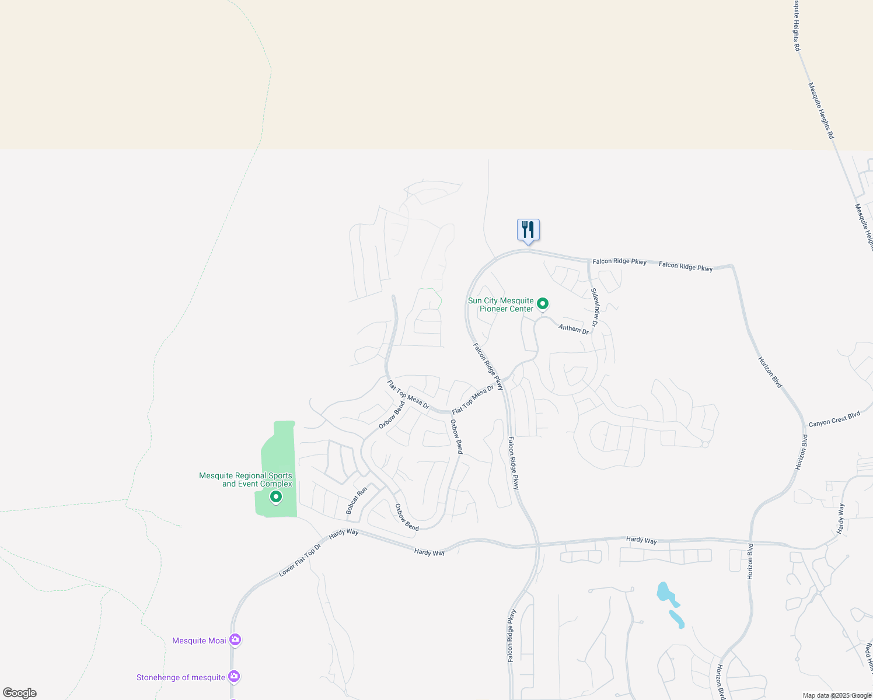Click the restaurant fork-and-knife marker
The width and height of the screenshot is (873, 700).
tap(528, 230)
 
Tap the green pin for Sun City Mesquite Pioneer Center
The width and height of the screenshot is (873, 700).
tap(543, 303)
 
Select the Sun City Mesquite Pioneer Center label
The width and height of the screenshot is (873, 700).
tap(501, 304)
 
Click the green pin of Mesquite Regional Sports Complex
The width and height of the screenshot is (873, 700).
tap(276, 497)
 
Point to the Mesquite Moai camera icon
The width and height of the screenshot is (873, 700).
tap(235, 640)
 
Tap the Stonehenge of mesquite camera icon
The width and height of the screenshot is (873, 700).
tap(234, 677)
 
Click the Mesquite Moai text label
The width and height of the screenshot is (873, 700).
tap(199, 640)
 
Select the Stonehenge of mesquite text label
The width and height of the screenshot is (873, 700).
tap(181, 677)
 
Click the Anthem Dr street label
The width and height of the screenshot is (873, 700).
tap(574, 328)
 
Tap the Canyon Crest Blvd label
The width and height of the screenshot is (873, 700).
tap(834, 419)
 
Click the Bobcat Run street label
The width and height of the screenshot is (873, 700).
tap(357, 500)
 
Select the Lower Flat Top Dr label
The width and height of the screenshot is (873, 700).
tap(300, 561)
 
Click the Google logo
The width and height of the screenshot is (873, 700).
tap(20, 693)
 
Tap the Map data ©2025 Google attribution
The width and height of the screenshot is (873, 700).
tap(837, 695)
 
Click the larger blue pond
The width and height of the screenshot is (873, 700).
tap(665, 593)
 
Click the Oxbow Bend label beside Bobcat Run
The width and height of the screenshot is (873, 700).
tap(407, 517)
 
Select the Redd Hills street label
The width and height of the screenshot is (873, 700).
tap(869, 654)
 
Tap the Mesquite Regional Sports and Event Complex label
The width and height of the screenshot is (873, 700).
tap(246, 480)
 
